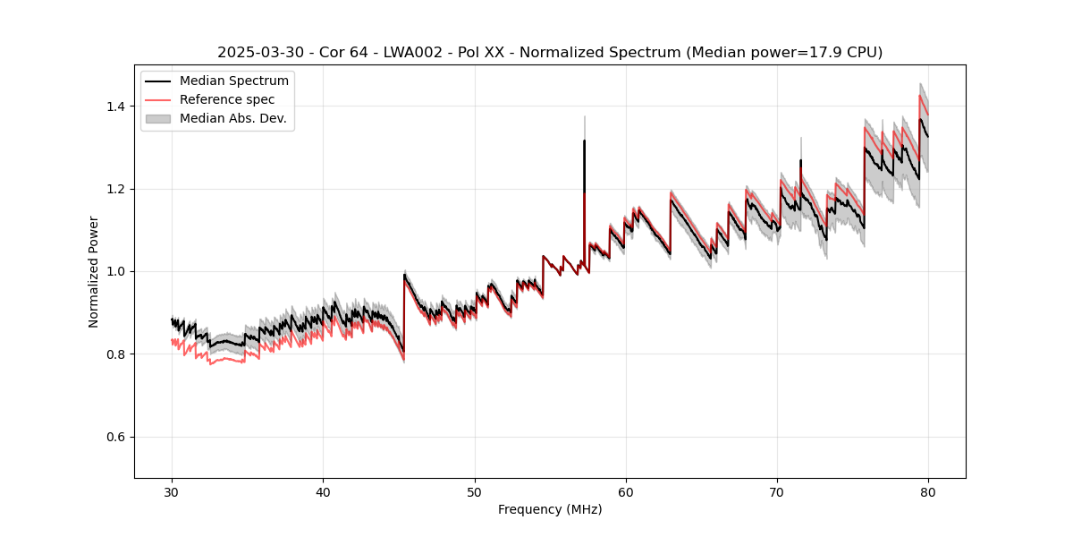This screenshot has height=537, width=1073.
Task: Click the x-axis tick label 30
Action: coord(173,491)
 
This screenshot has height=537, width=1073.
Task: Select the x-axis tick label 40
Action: coord(324,491)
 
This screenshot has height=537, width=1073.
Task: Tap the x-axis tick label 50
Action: coord(475,491)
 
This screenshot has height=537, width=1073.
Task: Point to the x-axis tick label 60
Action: coord(626,491)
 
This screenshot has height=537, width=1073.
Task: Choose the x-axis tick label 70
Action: coord(777,491)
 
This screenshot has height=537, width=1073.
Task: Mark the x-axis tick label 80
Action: coord(928,491)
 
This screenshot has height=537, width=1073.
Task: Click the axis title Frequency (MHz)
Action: coord(550,509)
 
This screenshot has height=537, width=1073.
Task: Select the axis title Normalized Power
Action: coord(94,271)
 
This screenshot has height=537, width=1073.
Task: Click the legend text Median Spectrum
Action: coord(234,81)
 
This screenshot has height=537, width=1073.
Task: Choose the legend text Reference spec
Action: coord(227,99)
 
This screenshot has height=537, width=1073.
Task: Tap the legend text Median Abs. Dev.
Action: coord(233,118)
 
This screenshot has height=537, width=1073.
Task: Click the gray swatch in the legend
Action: coord(157,118)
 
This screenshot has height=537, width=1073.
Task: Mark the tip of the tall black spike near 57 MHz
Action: coord(584,141)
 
